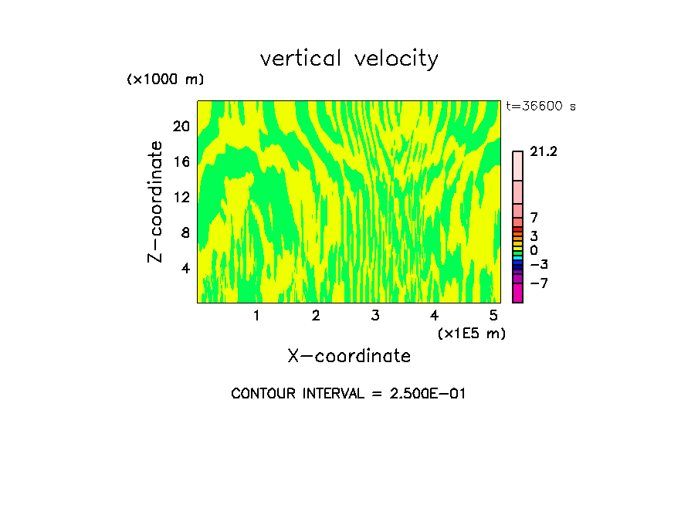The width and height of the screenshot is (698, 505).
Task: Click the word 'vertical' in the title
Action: coord(302,59)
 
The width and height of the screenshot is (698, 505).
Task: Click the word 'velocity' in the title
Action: coord(396,59)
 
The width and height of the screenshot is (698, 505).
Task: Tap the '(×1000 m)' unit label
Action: coord(164,80)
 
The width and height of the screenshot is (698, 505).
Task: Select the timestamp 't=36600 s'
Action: coord(540,107)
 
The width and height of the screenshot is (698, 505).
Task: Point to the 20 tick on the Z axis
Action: coord(181,126)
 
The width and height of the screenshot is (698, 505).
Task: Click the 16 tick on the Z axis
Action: coord(181,161)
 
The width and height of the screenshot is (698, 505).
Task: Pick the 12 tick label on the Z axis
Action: coord(181,197)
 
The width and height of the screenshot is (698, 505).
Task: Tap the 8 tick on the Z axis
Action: coord(185,232)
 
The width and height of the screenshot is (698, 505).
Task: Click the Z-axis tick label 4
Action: coord(185,268)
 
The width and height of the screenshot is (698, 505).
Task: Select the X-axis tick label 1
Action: coord(256,316)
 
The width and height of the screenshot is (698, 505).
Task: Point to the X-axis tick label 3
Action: coord(375,316)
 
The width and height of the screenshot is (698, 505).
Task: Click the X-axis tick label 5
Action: coord(493,316)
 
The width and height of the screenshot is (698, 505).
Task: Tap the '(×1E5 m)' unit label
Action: coord(472,334)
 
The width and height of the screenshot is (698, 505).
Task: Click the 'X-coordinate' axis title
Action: coord(349,356)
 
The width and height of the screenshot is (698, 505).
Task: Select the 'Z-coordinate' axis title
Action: coord(156,202)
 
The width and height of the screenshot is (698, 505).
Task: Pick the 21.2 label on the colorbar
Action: coord(544,152)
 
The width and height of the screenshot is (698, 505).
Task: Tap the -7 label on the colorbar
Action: coord(538,283)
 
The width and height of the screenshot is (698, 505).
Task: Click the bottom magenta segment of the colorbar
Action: coord(517,293)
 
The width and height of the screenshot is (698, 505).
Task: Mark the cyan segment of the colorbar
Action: coord(517,257)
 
